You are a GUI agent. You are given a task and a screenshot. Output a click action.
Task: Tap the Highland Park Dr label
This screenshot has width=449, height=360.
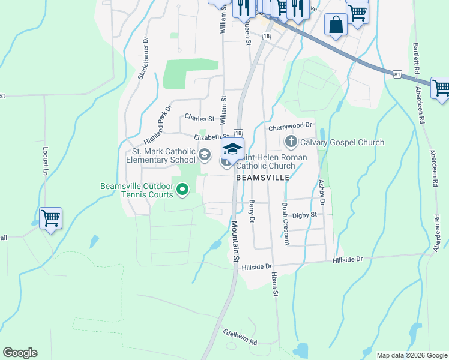158,120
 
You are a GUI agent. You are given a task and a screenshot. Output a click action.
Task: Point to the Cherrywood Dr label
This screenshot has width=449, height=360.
291,126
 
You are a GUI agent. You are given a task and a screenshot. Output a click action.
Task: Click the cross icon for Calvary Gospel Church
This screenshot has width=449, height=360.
291,142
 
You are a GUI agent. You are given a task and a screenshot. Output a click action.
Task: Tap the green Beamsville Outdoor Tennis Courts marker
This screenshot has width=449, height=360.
182,190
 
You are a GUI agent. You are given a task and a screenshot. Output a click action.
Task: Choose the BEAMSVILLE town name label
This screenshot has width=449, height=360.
262,178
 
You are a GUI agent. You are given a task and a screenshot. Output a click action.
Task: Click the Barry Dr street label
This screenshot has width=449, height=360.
252,212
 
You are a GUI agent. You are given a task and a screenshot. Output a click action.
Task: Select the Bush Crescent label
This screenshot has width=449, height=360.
285,224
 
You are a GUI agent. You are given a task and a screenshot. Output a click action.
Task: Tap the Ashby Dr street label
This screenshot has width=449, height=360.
321,193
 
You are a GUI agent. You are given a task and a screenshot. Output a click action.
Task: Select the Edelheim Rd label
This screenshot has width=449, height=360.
240,337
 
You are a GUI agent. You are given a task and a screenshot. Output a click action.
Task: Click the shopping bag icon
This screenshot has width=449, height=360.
336,25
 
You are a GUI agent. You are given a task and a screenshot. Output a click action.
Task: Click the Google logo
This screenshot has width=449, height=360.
20,353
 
